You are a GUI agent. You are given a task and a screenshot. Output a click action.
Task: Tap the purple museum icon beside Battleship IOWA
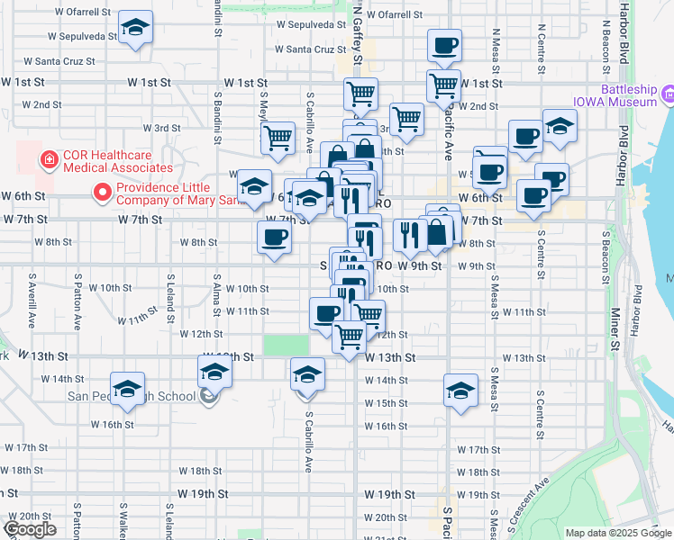click(x=668, y=94)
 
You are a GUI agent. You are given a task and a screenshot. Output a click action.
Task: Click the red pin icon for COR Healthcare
click(x=47, y=161)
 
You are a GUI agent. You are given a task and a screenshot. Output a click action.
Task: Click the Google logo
click(x=32, y=529)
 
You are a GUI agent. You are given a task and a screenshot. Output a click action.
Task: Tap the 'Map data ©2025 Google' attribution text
click(x=619, y=533)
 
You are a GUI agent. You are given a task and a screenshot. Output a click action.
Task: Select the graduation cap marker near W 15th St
click(x=460, y=391)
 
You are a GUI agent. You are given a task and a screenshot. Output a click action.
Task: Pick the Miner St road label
click(x=615, y=328)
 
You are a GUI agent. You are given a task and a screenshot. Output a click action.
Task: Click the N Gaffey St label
click(x=358, y=36)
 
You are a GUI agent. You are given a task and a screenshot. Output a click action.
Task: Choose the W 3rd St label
click(x=168, y=129)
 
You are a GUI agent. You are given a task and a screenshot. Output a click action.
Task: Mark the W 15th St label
click(x=386, y=402)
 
